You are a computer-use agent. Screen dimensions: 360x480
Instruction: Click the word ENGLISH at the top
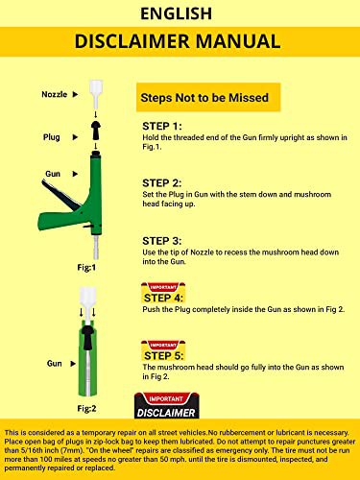pos(177,13)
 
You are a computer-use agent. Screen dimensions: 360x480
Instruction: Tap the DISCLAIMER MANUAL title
pos(178,41)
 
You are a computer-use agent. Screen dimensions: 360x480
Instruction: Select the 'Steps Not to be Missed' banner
pos(208,97)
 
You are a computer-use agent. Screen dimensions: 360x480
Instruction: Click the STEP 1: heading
pos(162,126)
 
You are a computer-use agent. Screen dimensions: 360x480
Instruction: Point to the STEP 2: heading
pos(162,183)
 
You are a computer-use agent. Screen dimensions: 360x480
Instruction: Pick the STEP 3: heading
pos(162,241)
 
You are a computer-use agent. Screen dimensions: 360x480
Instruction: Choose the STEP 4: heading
pos(163,298)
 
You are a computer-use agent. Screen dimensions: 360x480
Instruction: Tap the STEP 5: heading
pos(164,355)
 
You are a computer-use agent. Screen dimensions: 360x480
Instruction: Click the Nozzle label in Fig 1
pos(55,94)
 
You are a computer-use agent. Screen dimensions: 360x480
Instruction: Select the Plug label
pos(52,137)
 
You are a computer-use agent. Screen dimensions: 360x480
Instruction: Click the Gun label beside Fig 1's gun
pos(53,174)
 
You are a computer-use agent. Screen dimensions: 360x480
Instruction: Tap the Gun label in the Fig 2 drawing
pos(55,364)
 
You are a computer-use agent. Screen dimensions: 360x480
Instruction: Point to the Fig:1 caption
pos(86,267)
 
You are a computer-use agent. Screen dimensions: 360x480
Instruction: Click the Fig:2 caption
pos(86,408)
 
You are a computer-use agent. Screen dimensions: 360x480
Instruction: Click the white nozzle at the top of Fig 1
pos(96,94)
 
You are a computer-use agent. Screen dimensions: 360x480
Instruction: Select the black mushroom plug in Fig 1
pos(96,130)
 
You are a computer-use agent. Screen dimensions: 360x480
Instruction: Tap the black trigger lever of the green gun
pos(60,195)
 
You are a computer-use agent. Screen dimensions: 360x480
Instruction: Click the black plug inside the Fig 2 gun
pos(87,337)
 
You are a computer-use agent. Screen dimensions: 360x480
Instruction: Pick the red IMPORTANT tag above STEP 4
pos(163,287)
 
